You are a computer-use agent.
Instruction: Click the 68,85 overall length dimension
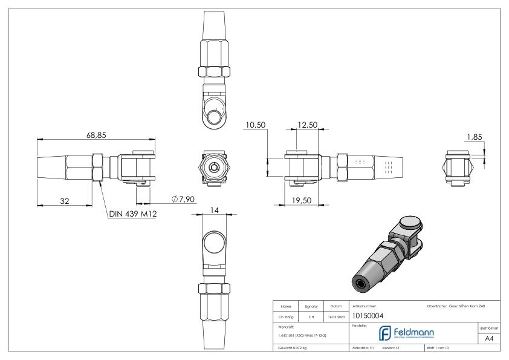pyautogui.click(x=96, y=136)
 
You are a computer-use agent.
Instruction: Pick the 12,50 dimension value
pyautogui.click(x=308, y=125)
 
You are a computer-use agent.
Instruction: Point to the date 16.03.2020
pyautogui.click(x=336, y=315)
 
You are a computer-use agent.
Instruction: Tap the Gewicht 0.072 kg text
pyautogui.click(x=293, y=349)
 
